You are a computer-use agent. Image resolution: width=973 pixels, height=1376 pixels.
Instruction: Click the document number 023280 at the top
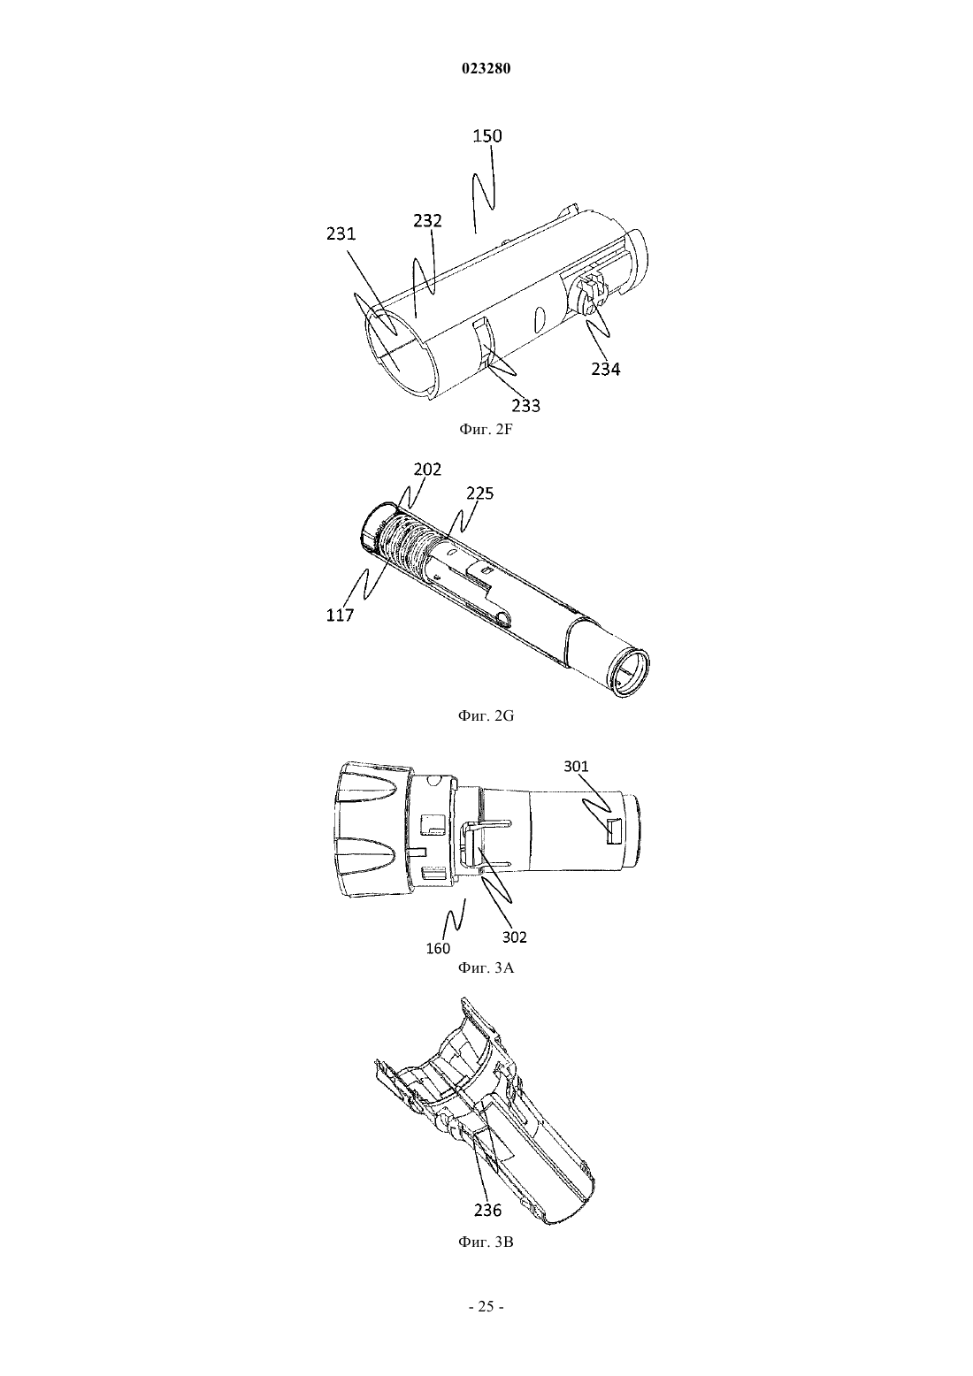[x=486, y=69]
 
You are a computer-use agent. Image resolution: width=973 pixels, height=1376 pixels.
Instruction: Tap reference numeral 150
[x=487, y=136]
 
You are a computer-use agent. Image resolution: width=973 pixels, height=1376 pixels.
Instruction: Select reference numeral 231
[x=341, y=234]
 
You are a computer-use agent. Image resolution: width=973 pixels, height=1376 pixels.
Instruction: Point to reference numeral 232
[x=427, y=220]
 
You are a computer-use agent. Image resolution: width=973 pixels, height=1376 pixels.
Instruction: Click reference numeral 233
[x=526, y=405]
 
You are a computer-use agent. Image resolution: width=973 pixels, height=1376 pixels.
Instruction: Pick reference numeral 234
[x=606, y=369]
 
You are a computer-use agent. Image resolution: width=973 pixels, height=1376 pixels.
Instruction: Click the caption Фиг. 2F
[x=486, y=430]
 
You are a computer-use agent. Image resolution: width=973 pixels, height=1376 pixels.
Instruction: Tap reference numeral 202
[x=427, y=470]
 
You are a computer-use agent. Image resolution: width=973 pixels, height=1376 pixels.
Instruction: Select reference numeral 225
[x=479, y=493]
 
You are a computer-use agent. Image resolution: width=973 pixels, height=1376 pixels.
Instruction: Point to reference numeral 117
[x=341, y=615]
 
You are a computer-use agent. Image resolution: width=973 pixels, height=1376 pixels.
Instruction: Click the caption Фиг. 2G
[x=486, y=715]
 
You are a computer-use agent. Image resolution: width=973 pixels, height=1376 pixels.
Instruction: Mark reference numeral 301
[x=576, y=766]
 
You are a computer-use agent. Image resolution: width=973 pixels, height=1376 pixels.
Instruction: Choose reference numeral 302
[x=515, y=936]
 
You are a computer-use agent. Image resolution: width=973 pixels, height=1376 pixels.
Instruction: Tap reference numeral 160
[x=438, y=949]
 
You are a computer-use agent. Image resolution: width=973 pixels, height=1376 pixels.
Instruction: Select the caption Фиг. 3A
[x=486, y=968]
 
